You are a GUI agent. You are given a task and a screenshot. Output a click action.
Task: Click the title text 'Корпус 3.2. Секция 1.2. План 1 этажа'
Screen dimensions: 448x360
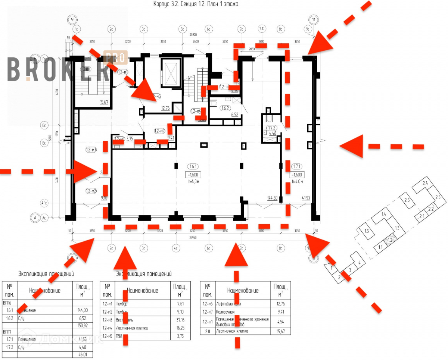coord(195,4)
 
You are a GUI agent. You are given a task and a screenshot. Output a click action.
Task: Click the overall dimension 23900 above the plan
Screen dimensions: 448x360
coord(193,34)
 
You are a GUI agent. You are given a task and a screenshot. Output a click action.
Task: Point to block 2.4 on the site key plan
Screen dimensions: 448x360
coord(425,183)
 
